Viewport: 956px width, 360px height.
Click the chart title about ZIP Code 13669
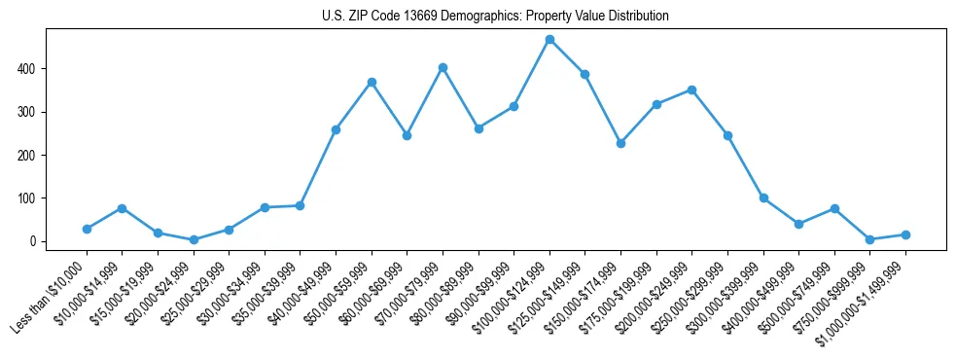495,17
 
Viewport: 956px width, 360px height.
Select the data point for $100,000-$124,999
549,40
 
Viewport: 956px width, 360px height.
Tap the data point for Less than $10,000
87,229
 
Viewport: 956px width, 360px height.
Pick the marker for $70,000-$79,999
443,67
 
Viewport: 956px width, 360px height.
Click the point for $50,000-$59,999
372,83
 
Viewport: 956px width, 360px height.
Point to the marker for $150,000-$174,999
620,143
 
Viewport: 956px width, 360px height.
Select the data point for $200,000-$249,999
691,90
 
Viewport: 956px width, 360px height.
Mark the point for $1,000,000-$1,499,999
905,234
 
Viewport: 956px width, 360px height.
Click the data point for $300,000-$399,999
763,198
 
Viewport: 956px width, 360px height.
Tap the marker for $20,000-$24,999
194,239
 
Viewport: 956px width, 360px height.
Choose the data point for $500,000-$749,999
834,208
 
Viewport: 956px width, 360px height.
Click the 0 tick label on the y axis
34,241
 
